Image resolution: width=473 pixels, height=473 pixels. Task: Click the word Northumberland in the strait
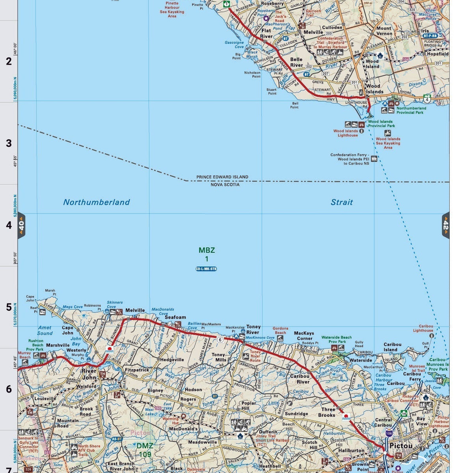[x=96, y=202]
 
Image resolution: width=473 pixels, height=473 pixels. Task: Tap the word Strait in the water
[x=341, y=202]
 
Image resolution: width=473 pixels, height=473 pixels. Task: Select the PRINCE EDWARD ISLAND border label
[x=222, y=177]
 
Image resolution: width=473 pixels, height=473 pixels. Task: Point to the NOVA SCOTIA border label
[x=225, y=184]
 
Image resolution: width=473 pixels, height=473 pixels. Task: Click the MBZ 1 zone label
[x=207, y=254]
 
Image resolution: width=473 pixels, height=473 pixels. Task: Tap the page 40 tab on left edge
[x=21, y=225]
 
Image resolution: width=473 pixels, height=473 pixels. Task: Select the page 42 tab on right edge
[x=445, y=225]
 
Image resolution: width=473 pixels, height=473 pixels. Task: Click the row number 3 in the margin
[x=9, y=143]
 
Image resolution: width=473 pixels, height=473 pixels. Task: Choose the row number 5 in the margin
[x=9, y=307]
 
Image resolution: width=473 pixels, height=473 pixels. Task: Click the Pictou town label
[x=400, y=446]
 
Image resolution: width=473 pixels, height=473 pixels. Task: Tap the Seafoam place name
[x=175, y=317]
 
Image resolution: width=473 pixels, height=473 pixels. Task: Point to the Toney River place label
[x=253, y=330]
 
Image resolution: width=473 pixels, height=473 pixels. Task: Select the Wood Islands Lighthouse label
[x=346, y=133]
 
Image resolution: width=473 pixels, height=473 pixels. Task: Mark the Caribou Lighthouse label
[x=423, y=328]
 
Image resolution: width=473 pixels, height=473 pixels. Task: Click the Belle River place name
[x=296, y=62]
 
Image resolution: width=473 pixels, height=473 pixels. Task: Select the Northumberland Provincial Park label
[x=411, y=110]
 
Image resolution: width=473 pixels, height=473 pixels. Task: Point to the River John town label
[x=89, y=374]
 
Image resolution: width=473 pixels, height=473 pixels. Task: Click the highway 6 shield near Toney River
[x=220, y=339]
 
